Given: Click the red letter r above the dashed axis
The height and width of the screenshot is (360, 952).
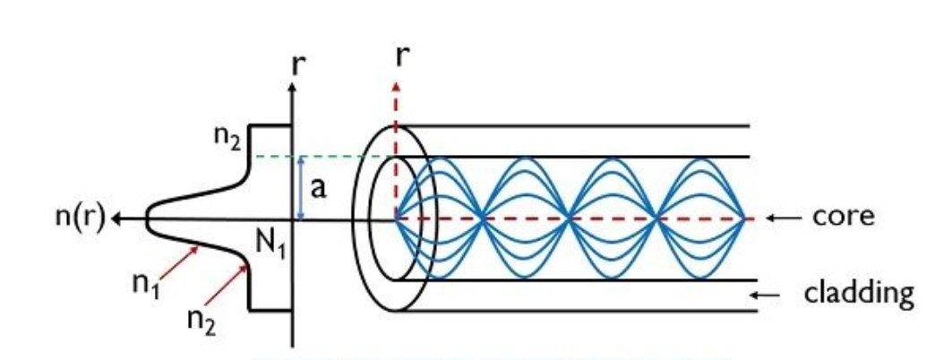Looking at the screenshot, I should coord(404,57).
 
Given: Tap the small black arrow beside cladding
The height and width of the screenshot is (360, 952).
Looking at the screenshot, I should coord(768,294).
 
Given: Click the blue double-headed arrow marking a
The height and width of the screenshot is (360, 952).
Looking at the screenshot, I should coord(302,188).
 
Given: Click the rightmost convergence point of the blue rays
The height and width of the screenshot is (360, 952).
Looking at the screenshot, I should coord(744,218).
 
